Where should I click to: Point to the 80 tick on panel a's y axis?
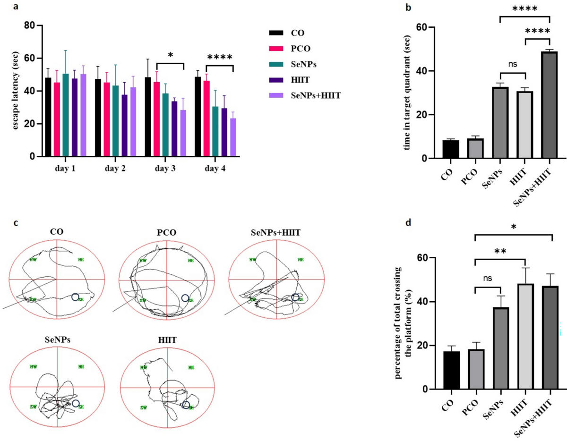coord(32,25)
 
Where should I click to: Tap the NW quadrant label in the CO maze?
coord(34,259)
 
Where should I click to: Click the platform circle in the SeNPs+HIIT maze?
coord(295,297)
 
